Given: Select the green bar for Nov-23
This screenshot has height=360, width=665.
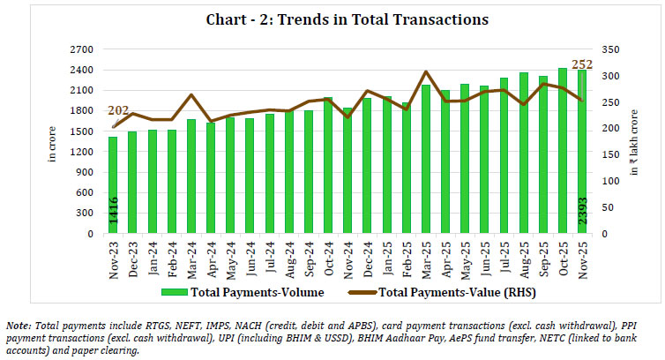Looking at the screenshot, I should (113, 185).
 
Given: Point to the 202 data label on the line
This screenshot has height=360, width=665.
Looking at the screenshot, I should (118, 111).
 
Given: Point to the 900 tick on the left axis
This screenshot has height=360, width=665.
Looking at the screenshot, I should (89, 172).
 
